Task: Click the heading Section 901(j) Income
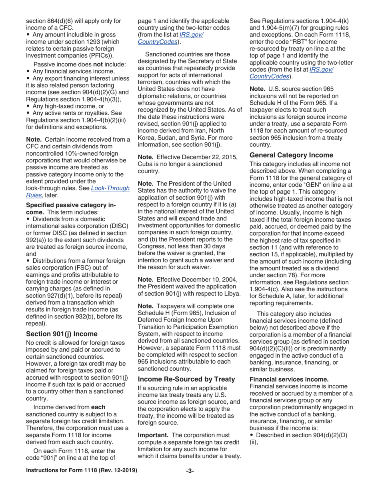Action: [x=62, y=334]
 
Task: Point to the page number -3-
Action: [x=190, y=470]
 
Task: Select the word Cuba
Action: [x=146, y=164]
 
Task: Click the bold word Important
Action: [x=153, y=435]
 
